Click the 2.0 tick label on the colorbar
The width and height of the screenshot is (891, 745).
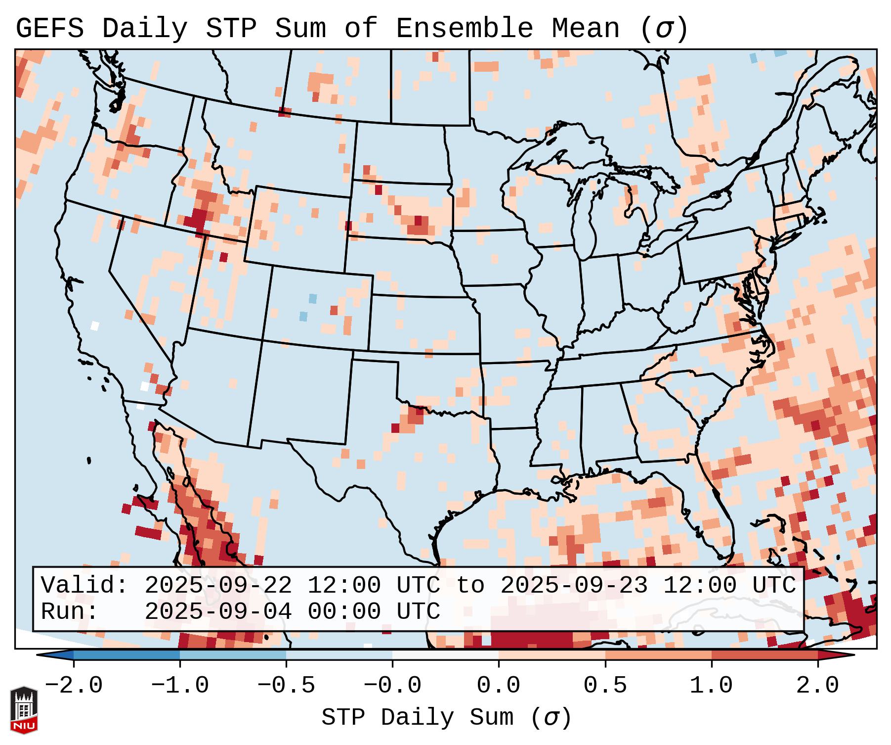tap(817, 686)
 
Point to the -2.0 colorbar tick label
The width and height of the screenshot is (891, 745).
tap(74, 686)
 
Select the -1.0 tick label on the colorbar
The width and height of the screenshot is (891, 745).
tap(180, 686)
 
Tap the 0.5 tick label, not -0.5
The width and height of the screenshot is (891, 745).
tap(605, 686)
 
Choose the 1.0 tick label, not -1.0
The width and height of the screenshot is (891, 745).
tap(711, 686)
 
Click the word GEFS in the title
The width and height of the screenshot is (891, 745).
tap(49, 29)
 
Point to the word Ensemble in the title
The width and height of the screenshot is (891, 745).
tap(464, 29)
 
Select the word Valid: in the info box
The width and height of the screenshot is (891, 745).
tap(85, 585)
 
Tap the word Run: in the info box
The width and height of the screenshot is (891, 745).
tap(70, 611)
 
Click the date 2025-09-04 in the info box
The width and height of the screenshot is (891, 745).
tap(218, 611)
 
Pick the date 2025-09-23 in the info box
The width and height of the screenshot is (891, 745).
tap(574, 585)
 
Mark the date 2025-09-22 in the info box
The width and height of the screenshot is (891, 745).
tap(218, 585)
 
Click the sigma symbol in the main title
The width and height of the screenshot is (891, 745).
tap(664, 29)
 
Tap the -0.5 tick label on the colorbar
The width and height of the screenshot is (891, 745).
tap(286, 686)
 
